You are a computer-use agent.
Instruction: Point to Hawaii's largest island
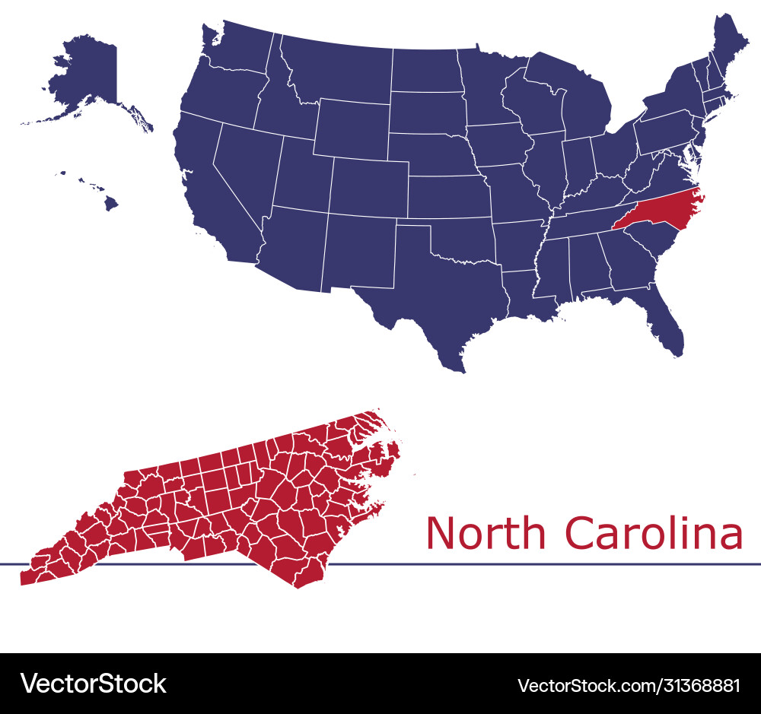(x=111, y=203)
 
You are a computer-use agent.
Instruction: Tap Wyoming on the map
(x=350, y=125)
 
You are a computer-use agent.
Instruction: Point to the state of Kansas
(x=449, y=198)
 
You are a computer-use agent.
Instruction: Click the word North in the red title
(x=486, y=533)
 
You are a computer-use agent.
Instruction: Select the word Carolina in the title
(x=654, y=533)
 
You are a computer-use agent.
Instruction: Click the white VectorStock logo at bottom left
(x=93, y=684)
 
